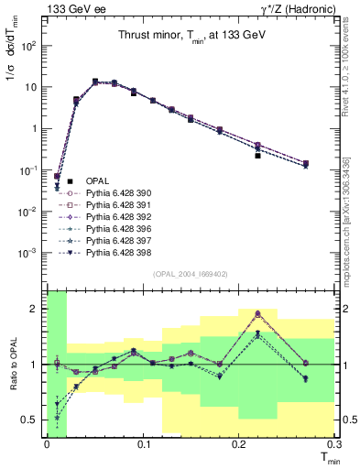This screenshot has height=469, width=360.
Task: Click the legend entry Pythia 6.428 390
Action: tap(115, 193)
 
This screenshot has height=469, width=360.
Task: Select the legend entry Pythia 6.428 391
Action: tap(115, 205)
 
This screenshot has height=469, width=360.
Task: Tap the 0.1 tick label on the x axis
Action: tap(143, 443)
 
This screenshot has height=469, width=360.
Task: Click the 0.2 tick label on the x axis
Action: tap(239, 443)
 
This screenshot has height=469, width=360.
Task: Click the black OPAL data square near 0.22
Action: tap(258, 156)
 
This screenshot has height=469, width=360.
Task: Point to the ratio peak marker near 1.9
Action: tap(258, 313)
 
